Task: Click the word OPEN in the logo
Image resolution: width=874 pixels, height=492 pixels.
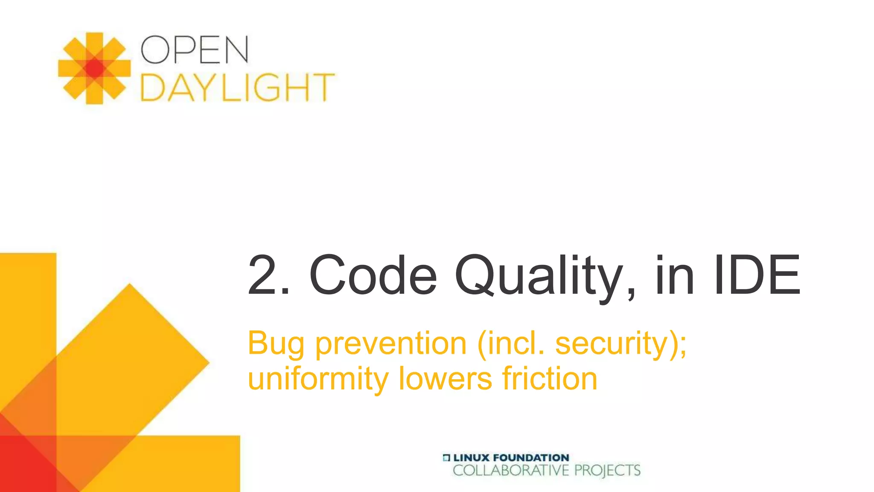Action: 195,50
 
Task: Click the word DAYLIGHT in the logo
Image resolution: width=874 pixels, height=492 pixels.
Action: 237,88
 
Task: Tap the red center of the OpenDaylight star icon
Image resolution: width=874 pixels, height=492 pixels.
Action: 94,68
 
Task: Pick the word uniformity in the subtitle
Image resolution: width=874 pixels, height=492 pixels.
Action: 318,379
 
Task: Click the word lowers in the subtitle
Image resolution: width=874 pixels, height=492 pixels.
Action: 445,379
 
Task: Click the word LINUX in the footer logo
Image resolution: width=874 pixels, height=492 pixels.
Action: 471,458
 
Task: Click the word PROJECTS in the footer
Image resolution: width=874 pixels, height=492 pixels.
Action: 607,471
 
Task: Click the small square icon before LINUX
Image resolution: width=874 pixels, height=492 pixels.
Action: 446,458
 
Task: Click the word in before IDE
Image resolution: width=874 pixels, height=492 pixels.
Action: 675,275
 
